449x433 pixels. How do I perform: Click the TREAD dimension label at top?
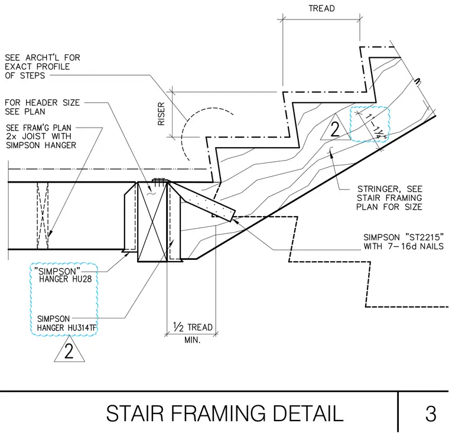point(321,9)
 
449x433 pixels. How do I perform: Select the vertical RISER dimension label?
point(161,114)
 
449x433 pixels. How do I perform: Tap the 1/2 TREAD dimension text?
point(193,327)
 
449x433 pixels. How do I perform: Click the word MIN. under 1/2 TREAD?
point(193,340)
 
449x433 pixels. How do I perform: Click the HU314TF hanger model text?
point(82,328)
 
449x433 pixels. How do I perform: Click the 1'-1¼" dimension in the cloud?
point(375,126)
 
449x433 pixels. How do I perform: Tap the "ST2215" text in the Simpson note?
point(425,237)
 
